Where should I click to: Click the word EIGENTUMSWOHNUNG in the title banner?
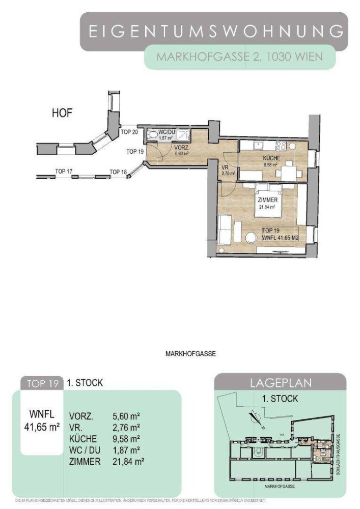pyautogui.click(x=214, y=32)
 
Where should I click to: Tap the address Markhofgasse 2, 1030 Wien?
pyautogui.click(x=239, y=56)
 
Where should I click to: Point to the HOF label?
pyautogui.click(x=62, y=113)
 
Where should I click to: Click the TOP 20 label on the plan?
pyautogui.click(x=129, y=132)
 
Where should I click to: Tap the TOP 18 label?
pyautogui.click(x=118, y=172)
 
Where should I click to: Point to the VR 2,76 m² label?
pyautogui.click(x=227, y=171)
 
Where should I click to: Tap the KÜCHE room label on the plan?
pyautogui.click(x=271, y=159)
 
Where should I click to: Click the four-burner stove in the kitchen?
pyautogui.click(x=280, y=146)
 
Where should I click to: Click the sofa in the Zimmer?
pyautogui.click(x=225, y=230)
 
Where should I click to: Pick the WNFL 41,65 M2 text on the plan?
pyautogui.click(x=280, y=237)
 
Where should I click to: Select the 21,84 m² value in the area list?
pyautogui.click(x=127, y=462)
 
